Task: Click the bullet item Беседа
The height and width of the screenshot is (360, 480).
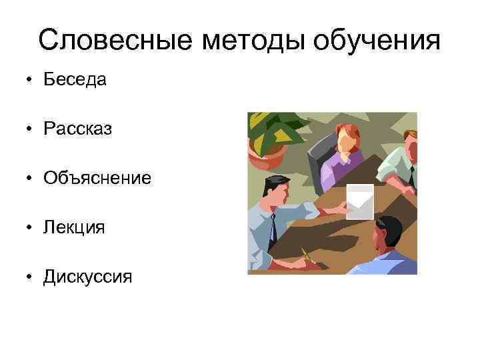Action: coord(75,80)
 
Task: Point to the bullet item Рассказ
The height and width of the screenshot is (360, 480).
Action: coord(77,129)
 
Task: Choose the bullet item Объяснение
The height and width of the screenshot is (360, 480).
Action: coord(97,178)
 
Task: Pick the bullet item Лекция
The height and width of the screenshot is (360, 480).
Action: coord(74,227)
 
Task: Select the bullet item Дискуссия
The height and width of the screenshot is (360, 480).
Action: coord(87,276)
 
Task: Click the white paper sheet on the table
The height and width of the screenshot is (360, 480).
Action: coord(361,200)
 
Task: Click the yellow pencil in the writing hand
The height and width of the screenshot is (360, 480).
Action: coord(306,254)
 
